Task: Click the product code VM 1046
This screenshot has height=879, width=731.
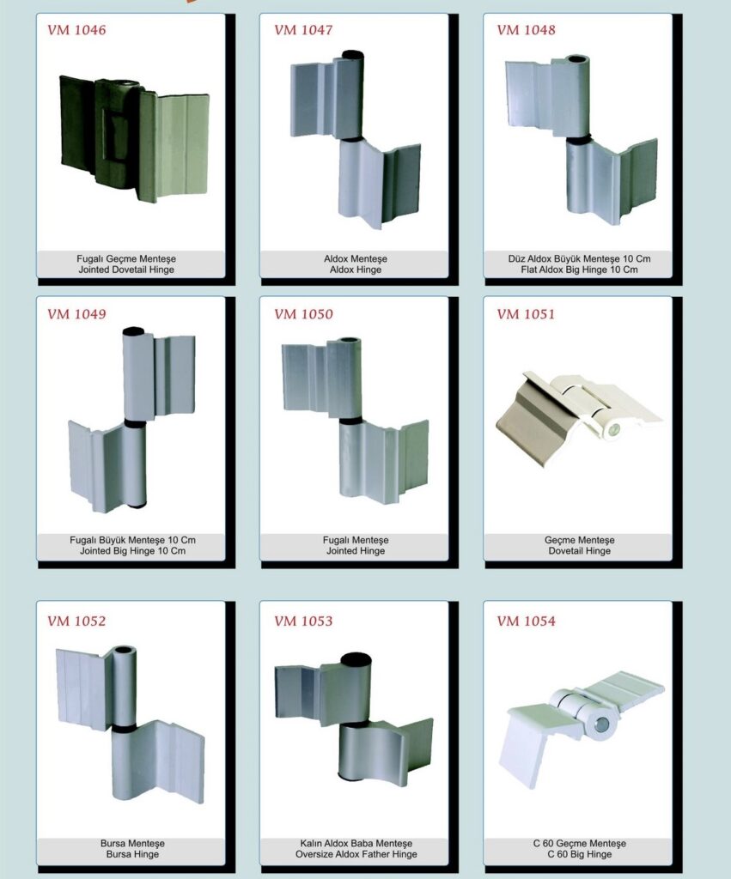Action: [x=76, y=30]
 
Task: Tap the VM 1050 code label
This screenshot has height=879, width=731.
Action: [x=303, y=314]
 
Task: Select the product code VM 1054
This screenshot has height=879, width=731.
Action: [x=527, y=621]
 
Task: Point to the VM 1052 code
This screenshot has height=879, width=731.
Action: [x=76, y=621]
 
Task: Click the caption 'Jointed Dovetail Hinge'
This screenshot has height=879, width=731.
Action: [x=126, y=270]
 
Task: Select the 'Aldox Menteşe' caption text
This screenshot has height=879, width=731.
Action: [x=356, y=259]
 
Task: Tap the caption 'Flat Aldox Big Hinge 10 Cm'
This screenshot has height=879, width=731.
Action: [x=579, y=270]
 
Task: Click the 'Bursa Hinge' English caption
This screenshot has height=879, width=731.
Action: [x=132, y=854]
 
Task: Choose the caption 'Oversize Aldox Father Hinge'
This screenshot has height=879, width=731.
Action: [x=356, y=854]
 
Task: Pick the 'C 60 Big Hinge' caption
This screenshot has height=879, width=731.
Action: [x=580, y=854]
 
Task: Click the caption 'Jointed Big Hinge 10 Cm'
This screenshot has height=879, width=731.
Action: [x=132, y=551]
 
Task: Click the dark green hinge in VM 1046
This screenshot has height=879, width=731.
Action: [x=134, y=139]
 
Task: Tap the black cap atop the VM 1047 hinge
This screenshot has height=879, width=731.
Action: [x=353, y=55]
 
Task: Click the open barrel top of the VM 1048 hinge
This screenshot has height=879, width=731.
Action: [x=576, y=59]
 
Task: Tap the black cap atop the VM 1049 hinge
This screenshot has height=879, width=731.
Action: [x=133, y=331]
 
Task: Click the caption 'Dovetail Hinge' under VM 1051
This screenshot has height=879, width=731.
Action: [x=580, y=551]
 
